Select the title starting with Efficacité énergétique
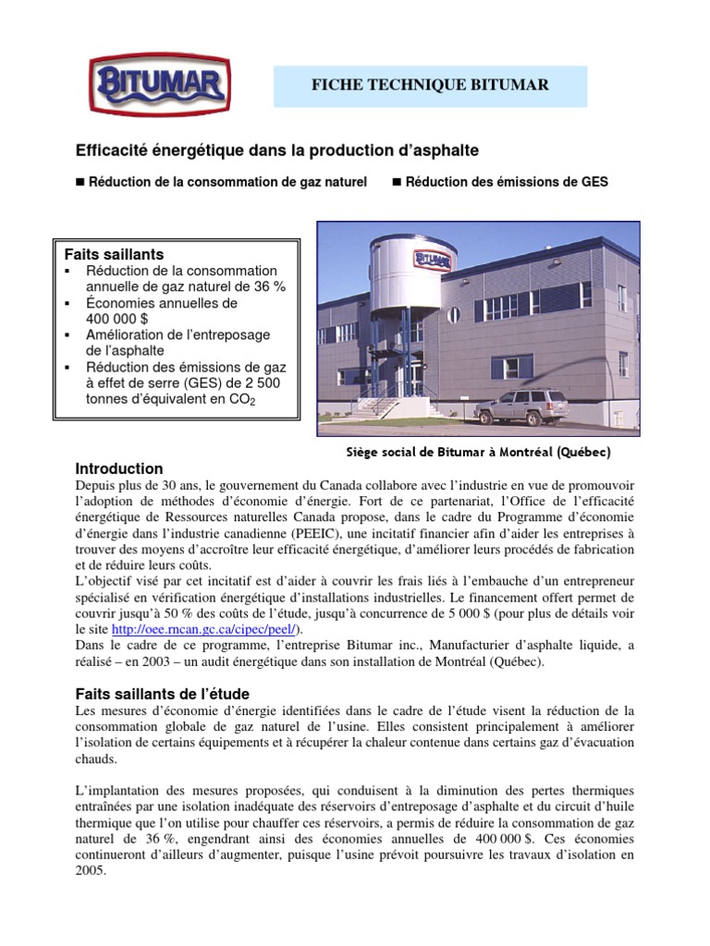(x=276, y=150)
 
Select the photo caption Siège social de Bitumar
(x=476, y=453)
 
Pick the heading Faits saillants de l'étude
(x=162, y=693)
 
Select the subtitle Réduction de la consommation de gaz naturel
(x=227, y=182)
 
